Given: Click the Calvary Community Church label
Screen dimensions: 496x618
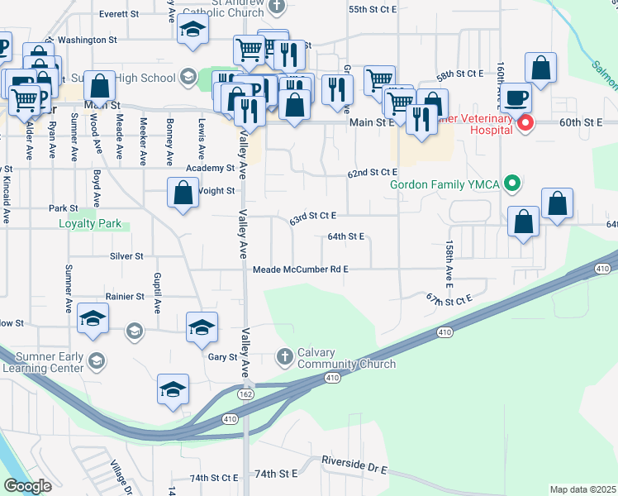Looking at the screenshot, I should coord(342,358).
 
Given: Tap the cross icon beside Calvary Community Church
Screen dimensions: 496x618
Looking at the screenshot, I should coord(285,356).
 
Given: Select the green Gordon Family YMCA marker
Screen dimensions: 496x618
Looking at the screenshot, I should coord(513,183).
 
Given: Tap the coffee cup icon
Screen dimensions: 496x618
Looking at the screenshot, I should coord(516,98).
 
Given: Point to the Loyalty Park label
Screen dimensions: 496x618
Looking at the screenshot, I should coord(90,223).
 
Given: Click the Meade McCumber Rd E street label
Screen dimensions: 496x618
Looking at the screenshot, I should coord(301,269).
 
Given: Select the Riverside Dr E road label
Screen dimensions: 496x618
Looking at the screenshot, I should coord(354,464).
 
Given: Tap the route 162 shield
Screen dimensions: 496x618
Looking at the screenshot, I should coord(246,394).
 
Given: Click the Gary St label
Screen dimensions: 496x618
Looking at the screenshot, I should coord(222,357).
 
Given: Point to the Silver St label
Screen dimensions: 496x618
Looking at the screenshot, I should coord(127,256).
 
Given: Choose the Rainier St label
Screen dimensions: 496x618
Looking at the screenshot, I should coord(125,296).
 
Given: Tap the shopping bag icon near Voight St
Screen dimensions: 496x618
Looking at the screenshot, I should coord(183,194).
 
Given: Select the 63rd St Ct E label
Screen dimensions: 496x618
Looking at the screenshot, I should coord(312,217).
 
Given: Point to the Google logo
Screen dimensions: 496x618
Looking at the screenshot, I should coord(27,486).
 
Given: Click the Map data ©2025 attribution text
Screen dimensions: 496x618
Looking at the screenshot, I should coord(582,489).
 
